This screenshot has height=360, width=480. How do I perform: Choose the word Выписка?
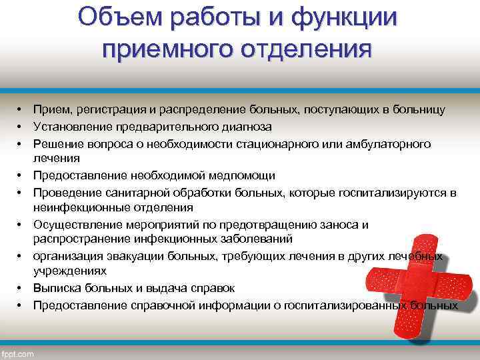(55, 289)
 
